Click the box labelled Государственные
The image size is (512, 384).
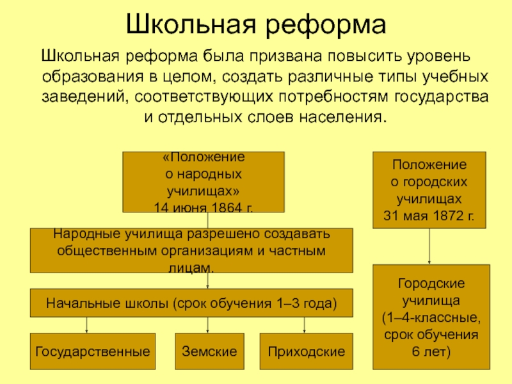(x=93, y=351)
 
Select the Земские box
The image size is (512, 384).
(x=209, y=351)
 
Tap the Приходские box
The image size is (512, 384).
(x=306, y=351)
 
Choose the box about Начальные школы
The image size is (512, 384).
(x=191, y=303)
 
